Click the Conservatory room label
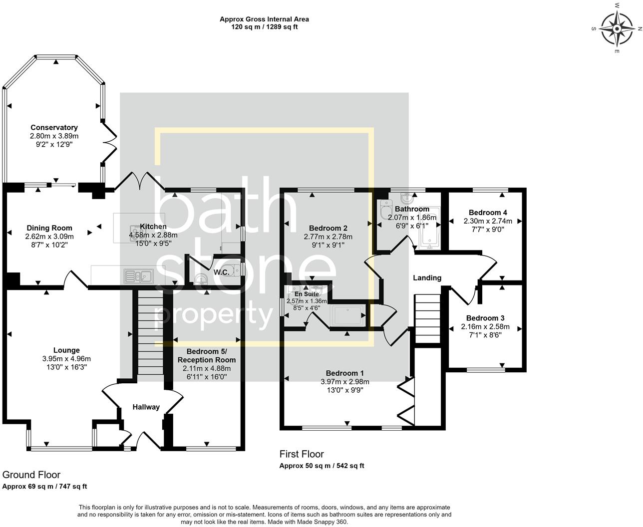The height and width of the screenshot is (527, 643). coord(54,127)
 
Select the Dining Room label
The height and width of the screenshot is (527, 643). coord(49,228)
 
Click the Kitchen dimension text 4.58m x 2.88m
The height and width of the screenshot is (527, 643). coord(153,235)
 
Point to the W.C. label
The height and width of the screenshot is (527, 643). coord(221,272)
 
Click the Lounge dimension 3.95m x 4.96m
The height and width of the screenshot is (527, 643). coord(66,359)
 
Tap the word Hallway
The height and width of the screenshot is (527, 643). coord(146,407)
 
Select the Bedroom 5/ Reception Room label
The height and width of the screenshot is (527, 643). coord(207,355)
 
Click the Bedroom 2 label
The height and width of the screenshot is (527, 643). coord(328,228)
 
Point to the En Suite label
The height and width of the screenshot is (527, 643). coord(307,294)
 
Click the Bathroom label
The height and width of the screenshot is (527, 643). coord(412,209)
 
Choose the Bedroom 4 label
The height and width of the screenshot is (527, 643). coord(488,213)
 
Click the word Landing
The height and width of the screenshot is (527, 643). coord(427,277)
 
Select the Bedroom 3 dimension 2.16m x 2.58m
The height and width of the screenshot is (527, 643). coord(485,326)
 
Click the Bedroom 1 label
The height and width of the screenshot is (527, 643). coord(345,373)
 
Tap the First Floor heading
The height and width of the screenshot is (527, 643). coord(302,454)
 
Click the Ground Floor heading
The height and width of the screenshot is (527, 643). coord(31,475)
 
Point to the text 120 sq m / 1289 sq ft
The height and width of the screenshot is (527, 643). coord(264,27)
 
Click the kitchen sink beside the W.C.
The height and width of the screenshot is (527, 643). coord(139,276)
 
